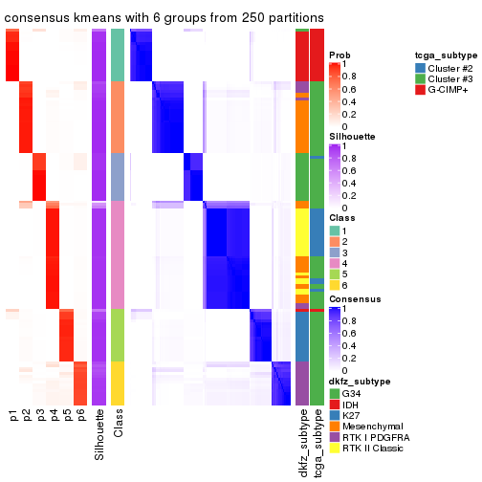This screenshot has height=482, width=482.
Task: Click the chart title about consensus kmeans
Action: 164,18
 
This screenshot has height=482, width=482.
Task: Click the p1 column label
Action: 13,415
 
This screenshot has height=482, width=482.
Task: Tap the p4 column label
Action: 54,415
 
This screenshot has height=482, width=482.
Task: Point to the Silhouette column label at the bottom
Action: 99,436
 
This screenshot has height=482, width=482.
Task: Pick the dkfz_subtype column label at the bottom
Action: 302,443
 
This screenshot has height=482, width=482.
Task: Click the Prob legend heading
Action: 339,55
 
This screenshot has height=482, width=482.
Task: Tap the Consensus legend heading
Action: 353,299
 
